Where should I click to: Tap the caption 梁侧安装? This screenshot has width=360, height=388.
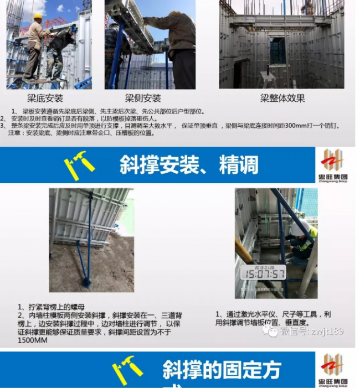tap(143, 99)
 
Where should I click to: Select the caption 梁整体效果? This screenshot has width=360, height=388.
tap(282, 99)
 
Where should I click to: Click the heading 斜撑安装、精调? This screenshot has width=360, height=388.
tap(189, 164)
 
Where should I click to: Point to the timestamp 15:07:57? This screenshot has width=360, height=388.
tap(263, 273)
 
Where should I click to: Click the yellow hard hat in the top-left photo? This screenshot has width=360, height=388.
tap(37, 17)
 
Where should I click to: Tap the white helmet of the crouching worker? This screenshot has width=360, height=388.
tap(300, 227)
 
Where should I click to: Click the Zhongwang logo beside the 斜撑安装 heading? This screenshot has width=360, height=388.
tap(335, 164)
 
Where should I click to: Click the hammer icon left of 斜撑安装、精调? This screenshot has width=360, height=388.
tap(79, 165)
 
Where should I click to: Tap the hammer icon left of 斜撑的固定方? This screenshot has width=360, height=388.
tap(127, 370)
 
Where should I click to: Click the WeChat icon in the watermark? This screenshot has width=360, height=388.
tap(270, 331)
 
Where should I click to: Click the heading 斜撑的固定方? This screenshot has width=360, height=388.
tap(222, 370)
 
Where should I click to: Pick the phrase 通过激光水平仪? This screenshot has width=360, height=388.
tap(249, 314)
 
